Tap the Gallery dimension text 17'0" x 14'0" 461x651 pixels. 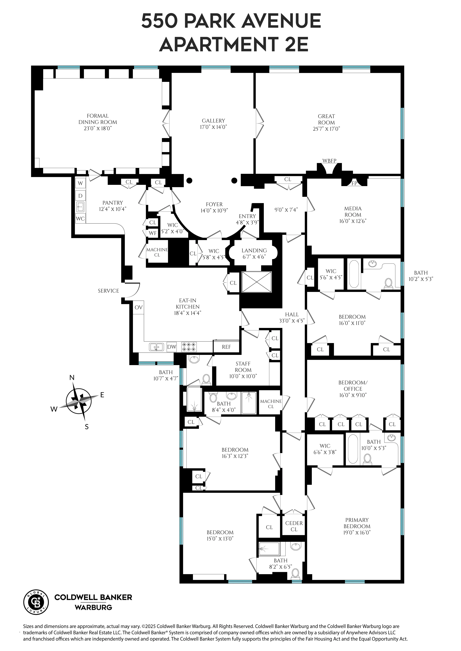pos(213,127)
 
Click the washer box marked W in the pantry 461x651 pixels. pos(80,183)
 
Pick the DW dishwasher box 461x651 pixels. pos(172,347)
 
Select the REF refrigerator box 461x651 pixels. pos(226,347)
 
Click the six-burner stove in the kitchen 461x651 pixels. pos(189,347)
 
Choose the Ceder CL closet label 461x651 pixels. pos(294,526)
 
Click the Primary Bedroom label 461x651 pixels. pos(357,523)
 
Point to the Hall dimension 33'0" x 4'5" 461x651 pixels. pos(292,321)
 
